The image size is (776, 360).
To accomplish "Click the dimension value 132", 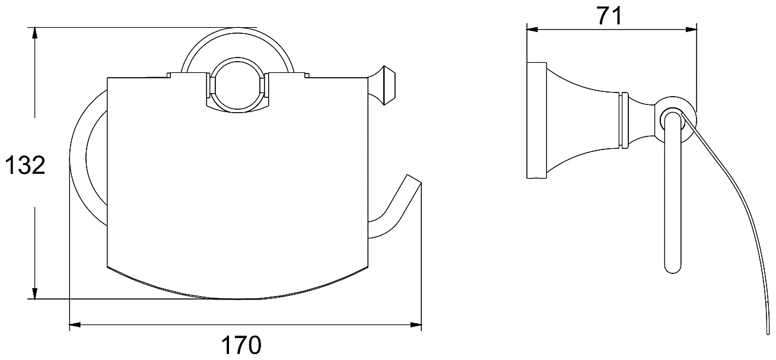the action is coord(26,165).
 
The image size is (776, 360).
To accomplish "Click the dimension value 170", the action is coord(241,345).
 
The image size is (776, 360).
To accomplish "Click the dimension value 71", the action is coord(609,16).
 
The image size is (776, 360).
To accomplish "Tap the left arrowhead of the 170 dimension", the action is coord(75,324).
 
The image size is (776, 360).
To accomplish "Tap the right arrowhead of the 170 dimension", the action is coord(416,324).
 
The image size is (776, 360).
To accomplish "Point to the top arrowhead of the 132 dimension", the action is coord(34,34).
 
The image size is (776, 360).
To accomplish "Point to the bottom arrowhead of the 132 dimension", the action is coord(34,293).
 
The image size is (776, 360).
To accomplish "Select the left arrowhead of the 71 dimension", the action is coord(532,30).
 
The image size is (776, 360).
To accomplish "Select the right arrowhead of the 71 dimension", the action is coord(691,30).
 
